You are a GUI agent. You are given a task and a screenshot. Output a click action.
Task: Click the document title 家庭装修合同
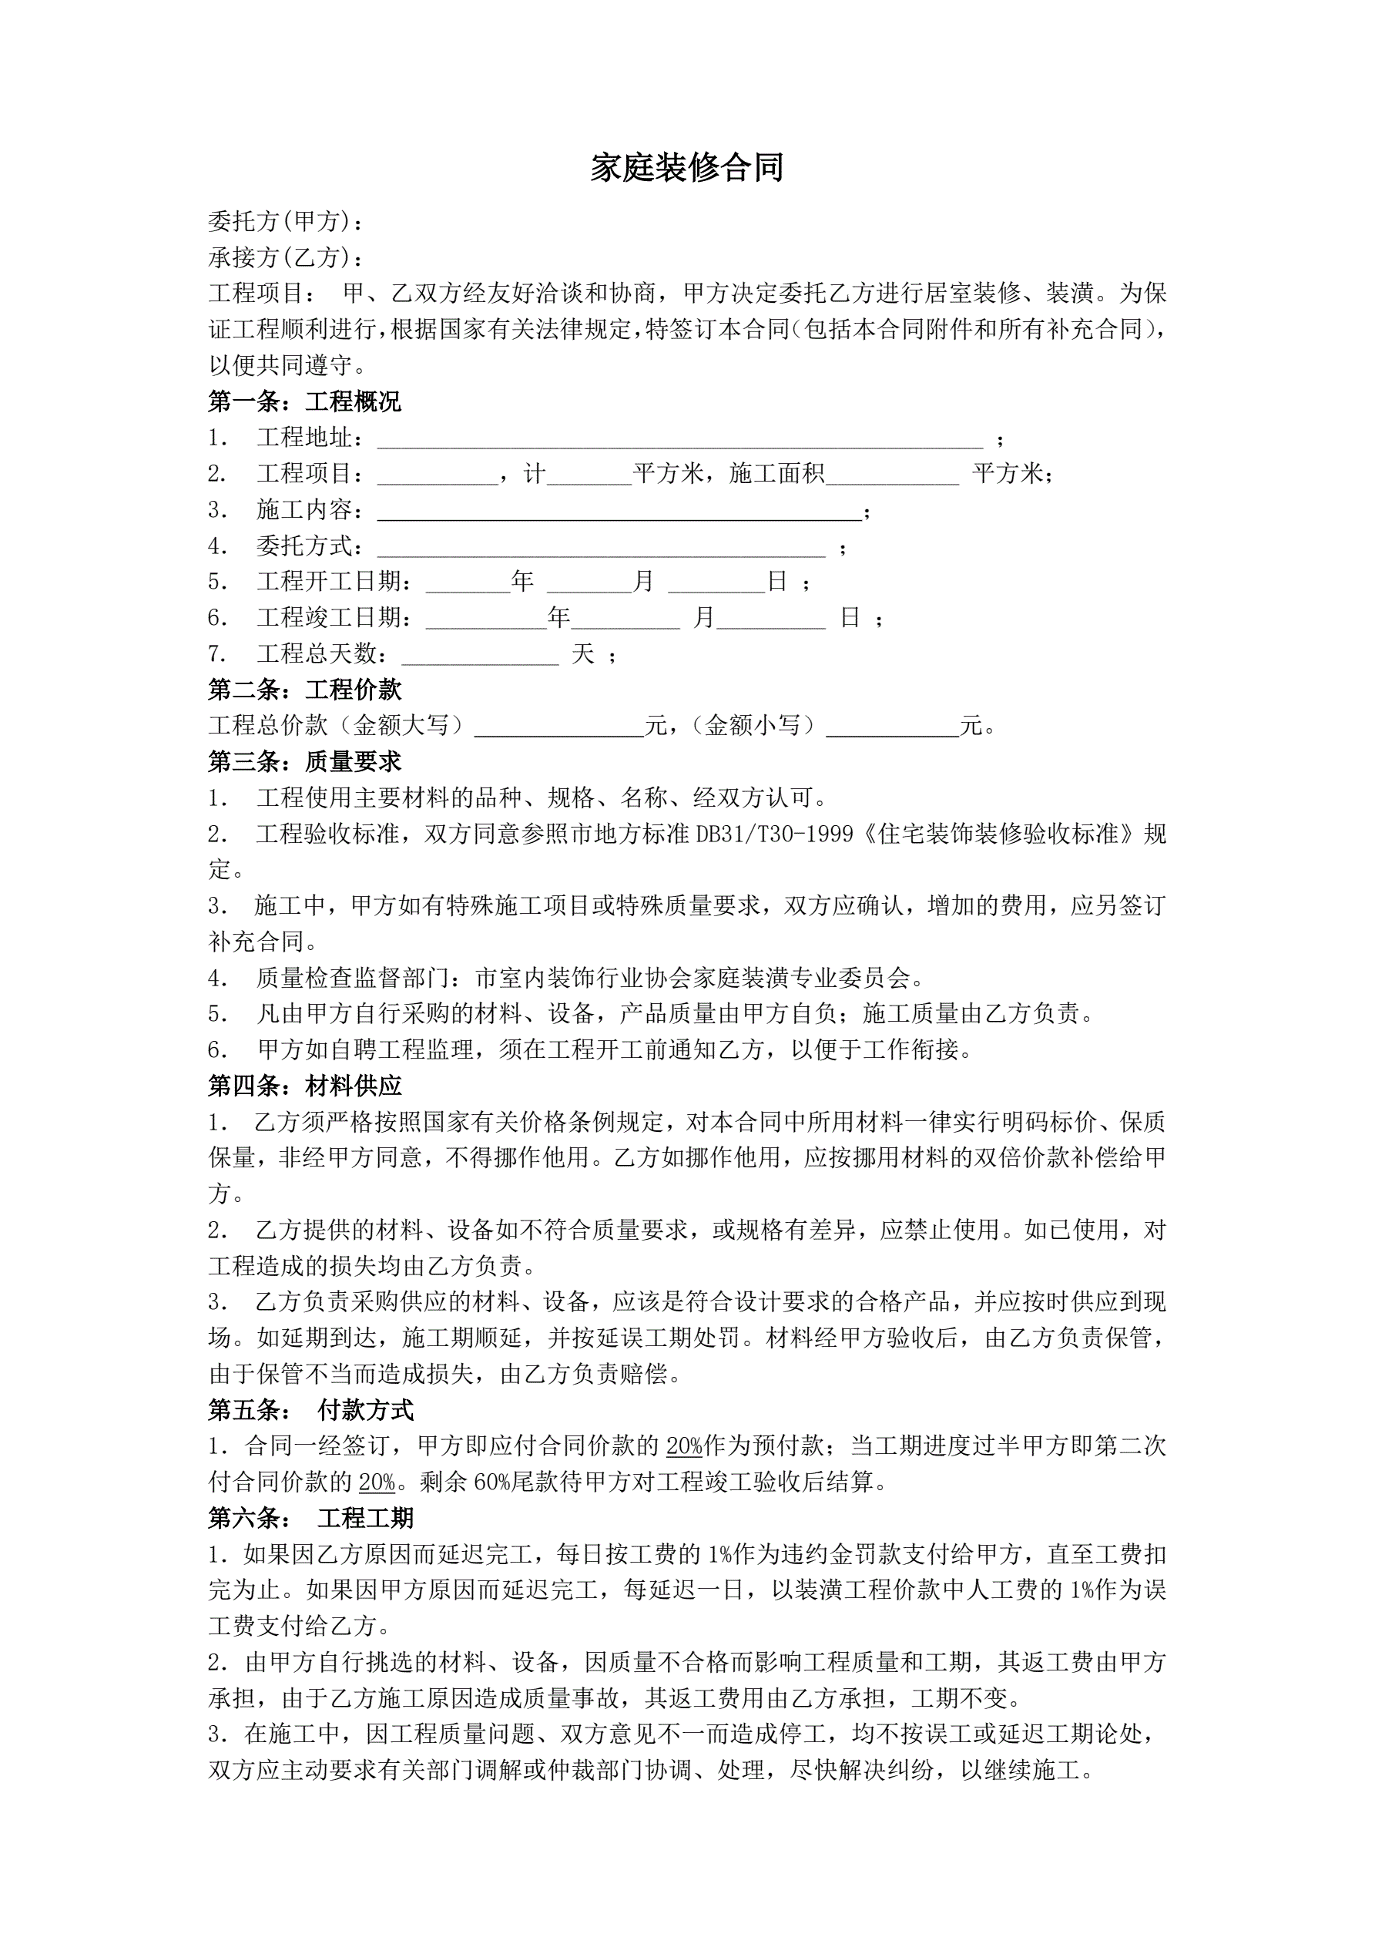tap(686, 168)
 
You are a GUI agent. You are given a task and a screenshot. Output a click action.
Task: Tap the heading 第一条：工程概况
tap(305, 401)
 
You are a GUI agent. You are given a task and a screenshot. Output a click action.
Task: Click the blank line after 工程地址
tap(680, 438)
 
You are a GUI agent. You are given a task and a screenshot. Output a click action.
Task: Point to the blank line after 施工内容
tap(619, 511)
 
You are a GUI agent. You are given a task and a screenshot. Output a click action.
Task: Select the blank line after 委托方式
tap(601, 548)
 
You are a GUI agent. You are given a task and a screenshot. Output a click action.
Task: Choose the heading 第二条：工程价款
tap(305, 690)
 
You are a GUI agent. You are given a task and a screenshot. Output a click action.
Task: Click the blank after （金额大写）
tap(558, 727)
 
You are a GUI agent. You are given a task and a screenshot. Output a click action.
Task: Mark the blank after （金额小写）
tap(892, 727)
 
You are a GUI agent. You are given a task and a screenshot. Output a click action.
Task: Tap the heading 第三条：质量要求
tap(305, 762)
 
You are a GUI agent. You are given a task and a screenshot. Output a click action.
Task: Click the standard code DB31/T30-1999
tap(774, 834)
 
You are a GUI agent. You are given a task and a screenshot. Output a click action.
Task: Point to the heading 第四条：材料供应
tap(305, 1086)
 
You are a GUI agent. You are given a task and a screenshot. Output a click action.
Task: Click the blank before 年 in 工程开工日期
tap(468, 583)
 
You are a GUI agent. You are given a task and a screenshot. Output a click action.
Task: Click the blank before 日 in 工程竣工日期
tap(770, 619)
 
